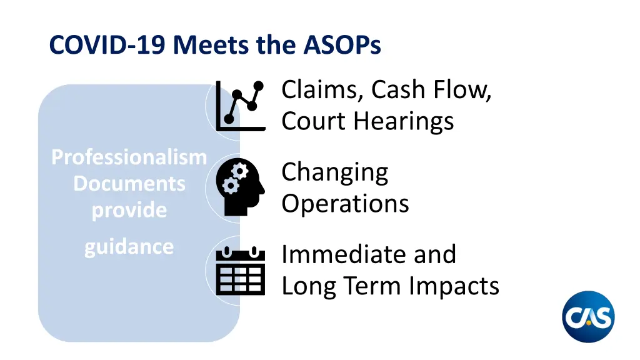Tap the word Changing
click(334, 172)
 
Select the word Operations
click(345, 203)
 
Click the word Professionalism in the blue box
click(129, 157)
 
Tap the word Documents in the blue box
click(129, 184)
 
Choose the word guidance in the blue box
click(129, 246)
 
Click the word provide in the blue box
click(129, 211)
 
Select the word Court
click(312, 121)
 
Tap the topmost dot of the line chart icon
click(259, 86)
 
